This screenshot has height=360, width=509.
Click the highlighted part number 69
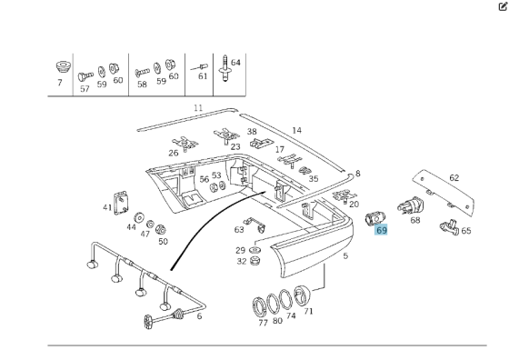(381, 230)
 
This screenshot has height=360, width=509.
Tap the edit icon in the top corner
(503, 6)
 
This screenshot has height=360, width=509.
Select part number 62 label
(454, 178)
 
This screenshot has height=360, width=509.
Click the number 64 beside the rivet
(235, 63)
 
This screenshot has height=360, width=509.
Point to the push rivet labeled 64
(225, 68)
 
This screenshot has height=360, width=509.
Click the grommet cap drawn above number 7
(63, 67)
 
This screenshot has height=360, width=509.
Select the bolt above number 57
(85, 76)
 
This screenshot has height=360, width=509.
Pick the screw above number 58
(142, 72)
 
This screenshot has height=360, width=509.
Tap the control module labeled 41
(120, 203)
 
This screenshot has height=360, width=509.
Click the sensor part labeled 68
(411, 205)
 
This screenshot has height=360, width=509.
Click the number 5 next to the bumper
(345, 255)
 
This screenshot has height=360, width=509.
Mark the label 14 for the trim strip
(296, 131)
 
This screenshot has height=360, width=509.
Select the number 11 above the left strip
(198, 108)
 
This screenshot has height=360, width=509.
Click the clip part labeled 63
(255, 225)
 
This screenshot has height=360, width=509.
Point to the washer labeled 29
(255, 250)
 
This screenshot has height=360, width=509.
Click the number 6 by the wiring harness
(199, 315)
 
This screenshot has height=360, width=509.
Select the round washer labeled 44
(139, 217)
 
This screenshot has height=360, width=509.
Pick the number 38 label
(252, 132)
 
